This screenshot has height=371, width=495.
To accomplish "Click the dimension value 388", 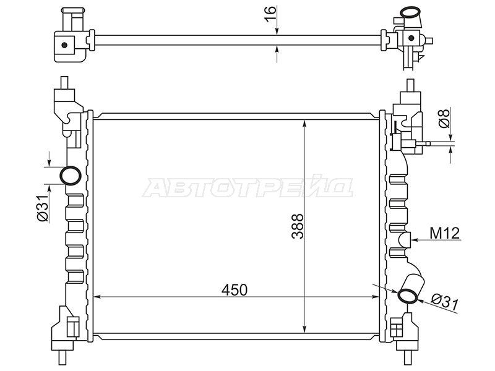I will click(x=298, y=227).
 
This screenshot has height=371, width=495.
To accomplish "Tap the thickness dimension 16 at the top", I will click(x=270, y=13).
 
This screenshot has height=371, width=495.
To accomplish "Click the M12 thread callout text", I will click(x=444, y=233).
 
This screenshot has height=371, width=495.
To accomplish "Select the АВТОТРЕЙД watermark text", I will click(x=247, y=187).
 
